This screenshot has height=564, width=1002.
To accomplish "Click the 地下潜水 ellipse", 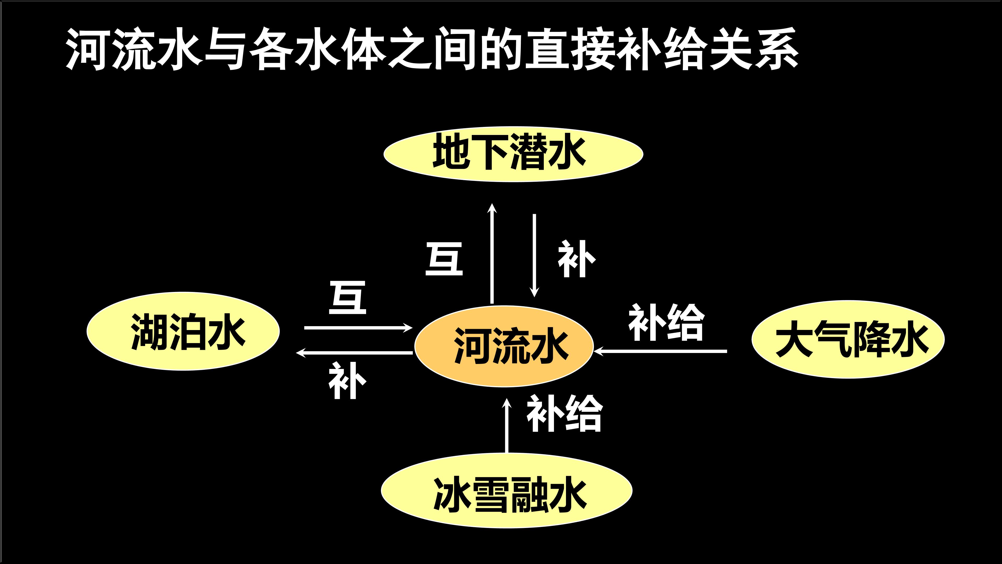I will click(513, 154).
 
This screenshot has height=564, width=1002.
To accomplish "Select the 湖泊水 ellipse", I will click(183, 331).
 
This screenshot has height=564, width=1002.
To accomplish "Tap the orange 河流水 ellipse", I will click(504, 346).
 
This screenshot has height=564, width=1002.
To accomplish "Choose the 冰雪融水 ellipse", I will click(506, 490).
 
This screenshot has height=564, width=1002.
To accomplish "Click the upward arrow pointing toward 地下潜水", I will click(492, 253).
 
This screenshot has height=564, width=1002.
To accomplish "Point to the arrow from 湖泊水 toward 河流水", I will click(358, 328).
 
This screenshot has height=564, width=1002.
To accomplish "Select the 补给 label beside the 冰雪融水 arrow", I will click(564, 413).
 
